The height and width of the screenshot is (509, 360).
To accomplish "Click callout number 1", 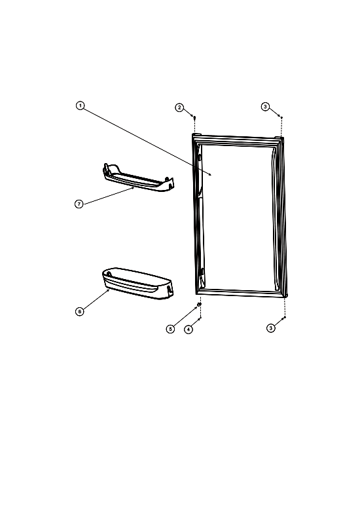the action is (80, 105).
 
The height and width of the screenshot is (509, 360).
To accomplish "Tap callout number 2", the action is (180, 107).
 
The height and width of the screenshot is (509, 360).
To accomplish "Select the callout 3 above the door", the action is (265, 106).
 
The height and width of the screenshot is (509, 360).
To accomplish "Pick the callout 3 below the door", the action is (271, 328).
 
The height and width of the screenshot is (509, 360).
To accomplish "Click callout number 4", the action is (189, 329).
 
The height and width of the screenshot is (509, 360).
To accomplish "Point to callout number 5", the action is (171, 329).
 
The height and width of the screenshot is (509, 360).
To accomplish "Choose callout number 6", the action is (79, 311).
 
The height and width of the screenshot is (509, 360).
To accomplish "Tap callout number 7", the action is (79, 204).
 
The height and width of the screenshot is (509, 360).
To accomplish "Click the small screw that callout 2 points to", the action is (194, 118).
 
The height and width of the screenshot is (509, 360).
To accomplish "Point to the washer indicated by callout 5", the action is (200, 305).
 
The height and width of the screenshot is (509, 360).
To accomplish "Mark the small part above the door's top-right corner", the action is (281, 117).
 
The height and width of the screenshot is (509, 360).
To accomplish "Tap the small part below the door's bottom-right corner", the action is (285, 317).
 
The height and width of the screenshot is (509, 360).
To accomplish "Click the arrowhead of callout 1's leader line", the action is (211, 175).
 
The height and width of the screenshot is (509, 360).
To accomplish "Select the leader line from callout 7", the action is (109, 196).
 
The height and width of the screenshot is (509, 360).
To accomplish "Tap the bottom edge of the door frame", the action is (242, 292).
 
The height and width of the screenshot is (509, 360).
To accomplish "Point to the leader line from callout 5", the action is (185, 316).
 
